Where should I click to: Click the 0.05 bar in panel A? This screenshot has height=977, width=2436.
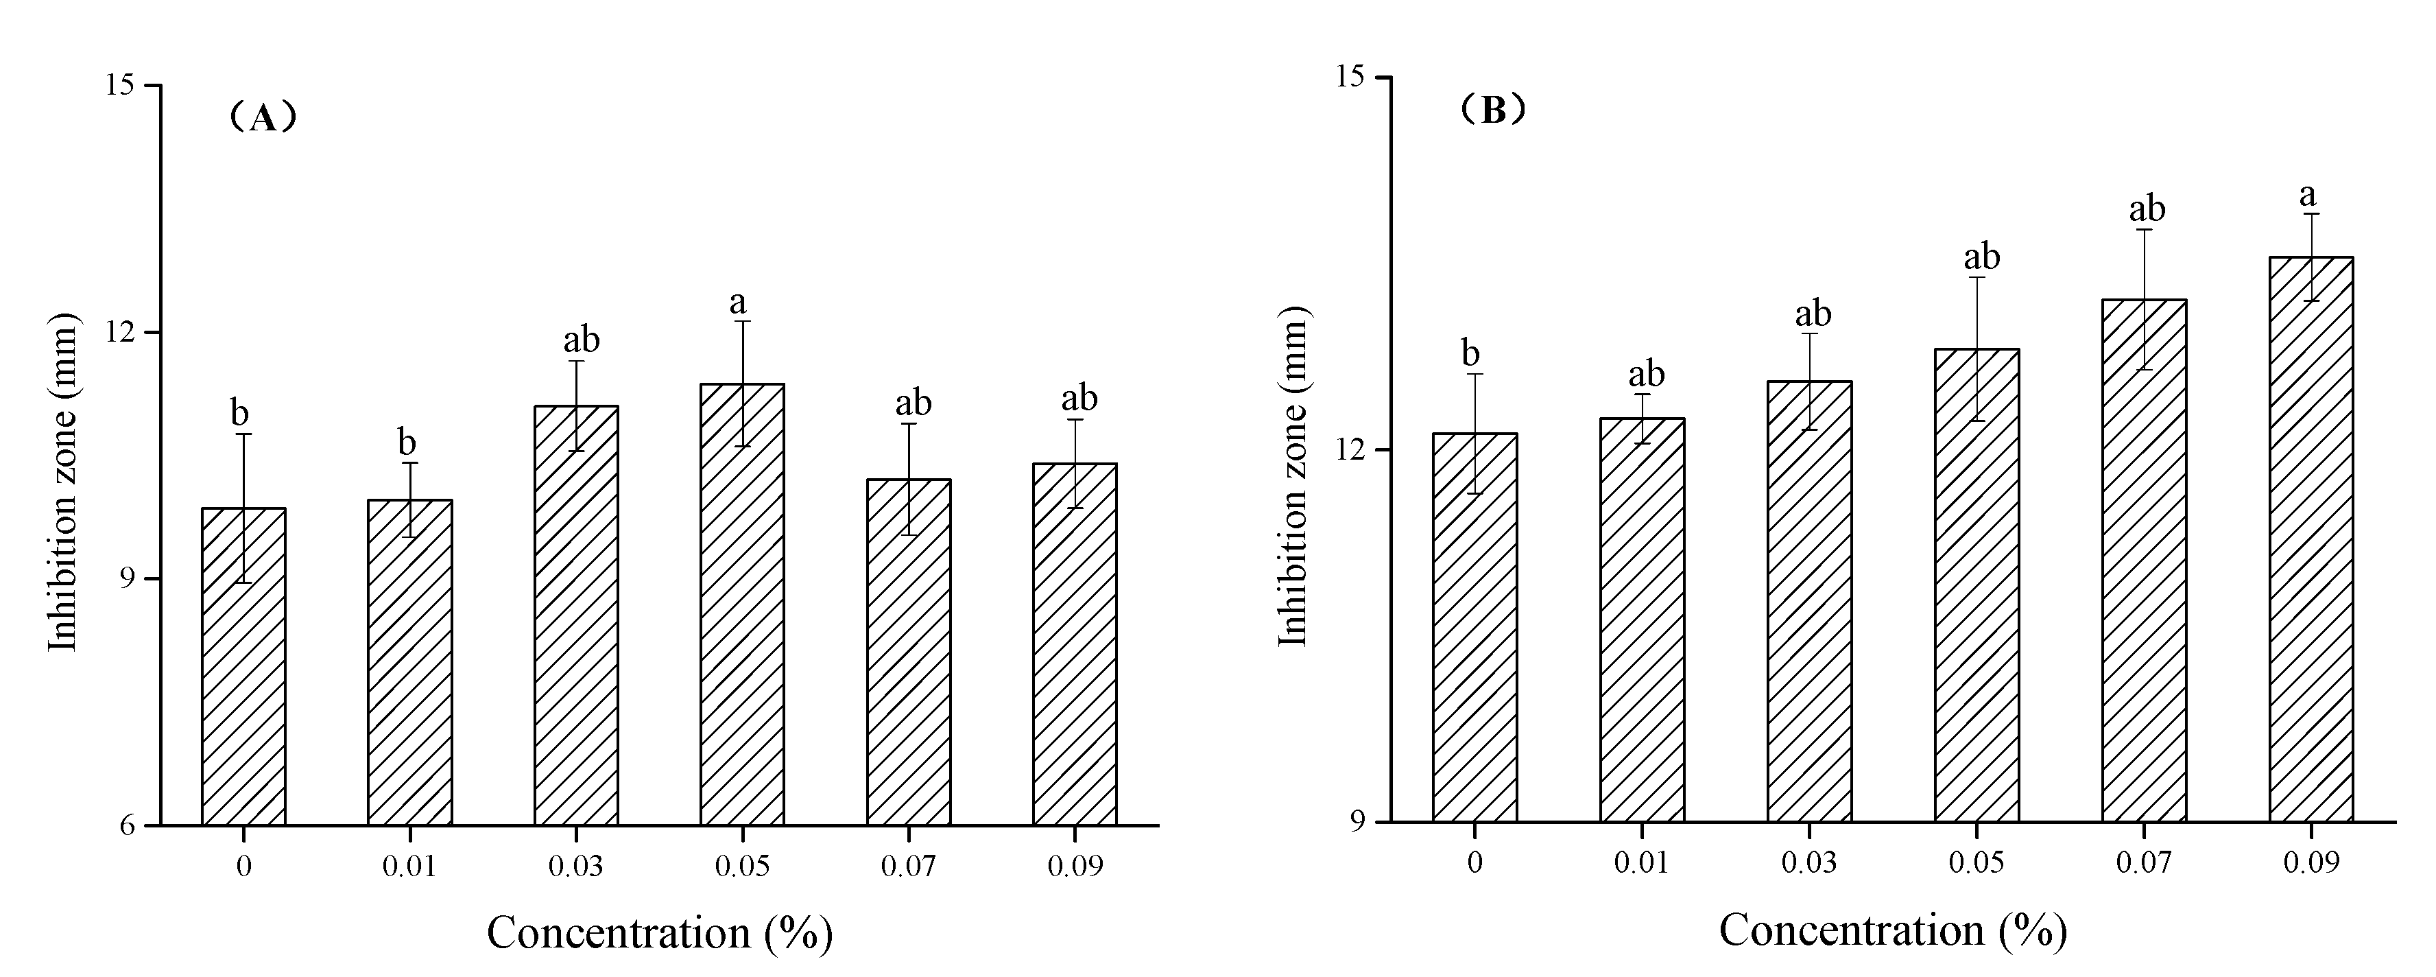coord(742,605)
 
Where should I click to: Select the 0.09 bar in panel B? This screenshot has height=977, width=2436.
coord(2311,539)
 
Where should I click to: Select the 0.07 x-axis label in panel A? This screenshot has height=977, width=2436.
coord(908,867)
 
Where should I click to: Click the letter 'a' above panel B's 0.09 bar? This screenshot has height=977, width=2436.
coord(2308,196)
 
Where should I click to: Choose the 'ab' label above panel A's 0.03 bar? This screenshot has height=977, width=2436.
coord(582,340)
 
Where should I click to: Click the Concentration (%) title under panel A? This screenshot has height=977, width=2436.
coord(659,932)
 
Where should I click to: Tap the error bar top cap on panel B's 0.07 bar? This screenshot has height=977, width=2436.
coord(2144,230)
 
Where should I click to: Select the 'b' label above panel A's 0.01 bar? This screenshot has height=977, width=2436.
coord(407,442)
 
